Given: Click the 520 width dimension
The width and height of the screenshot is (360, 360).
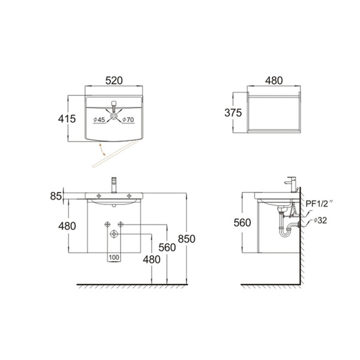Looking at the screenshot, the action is pyautogui.click(x=114, y=80).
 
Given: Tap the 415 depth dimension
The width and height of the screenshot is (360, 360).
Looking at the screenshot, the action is pyautogui.click(x=67, y=119).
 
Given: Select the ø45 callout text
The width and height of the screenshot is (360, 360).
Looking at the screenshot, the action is pyautogui.click(x=99, y=119).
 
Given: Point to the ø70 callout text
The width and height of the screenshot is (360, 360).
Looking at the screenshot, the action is pyautogui.click(x=128, y=119).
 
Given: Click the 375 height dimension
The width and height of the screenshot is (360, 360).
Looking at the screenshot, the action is pyautogui.click(x=233, y=113).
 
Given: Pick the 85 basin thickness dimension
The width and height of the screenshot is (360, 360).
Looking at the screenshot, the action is pyautogui.click(x=56, y=196).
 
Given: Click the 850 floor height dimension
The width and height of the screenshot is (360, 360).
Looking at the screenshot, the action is pyautogui.click(x=187, y=239).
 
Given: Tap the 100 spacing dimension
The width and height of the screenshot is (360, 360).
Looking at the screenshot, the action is pyautogui.click(x=114, y=257).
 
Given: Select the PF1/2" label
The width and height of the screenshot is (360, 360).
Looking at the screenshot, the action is pyautogui.click(x=319, y=203).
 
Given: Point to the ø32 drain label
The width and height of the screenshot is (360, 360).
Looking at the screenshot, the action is pyautogui.click(x=320, y=220).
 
